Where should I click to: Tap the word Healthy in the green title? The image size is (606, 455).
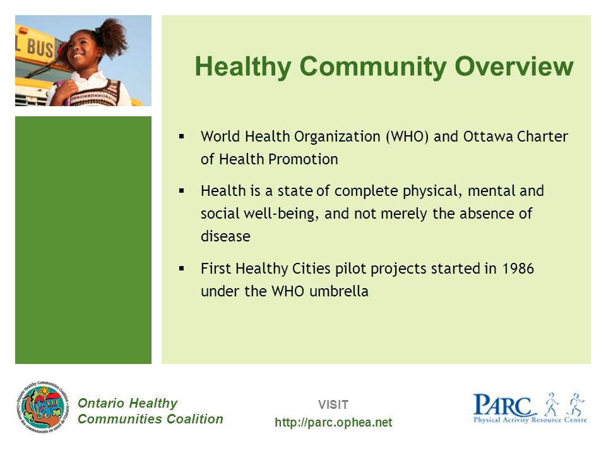tap(243, 68)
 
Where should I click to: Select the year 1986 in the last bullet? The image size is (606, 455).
tap(518, 269)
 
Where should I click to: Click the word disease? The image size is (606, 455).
tap(225, 236)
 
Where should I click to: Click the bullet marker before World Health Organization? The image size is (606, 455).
tap(181, 136)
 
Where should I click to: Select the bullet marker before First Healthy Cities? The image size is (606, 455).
tap(181, 268)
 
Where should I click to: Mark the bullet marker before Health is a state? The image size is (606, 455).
tap(181, 190)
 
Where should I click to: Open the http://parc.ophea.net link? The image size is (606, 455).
tap(333, 423)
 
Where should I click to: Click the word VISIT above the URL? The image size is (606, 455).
tap(333, 404)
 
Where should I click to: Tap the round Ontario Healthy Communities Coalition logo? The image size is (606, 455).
tap(44, 406)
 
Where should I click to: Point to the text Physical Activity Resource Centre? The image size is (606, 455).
tap(530, 420)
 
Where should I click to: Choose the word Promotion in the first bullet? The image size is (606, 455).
tap(303, 159)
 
